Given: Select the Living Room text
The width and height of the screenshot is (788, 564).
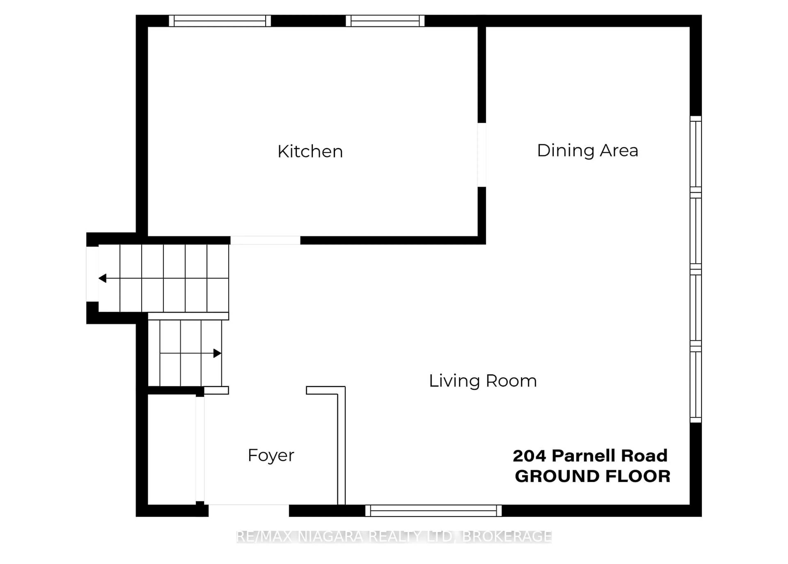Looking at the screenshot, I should (483, 381).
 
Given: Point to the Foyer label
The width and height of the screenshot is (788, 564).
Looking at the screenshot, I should (271, 455).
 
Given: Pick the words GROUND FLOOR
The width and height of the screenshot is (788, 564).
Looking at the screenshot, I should (592, 476).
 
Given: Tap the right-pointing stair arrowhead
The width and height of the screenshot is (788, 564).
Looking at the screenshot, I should (217, 353).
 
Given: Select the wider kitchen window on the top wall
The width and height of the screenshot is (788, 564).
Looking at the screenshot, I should (219, 21).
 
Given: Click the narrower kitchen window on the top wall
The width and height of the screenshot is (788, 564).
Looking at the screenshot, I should (385, 21).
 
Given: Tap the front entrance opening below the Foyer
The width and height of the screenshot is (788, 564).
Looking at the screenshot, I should (249, 511).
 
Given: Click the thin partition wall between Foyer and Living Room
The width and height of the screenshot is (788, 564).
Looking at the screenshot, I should (341, 448).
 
